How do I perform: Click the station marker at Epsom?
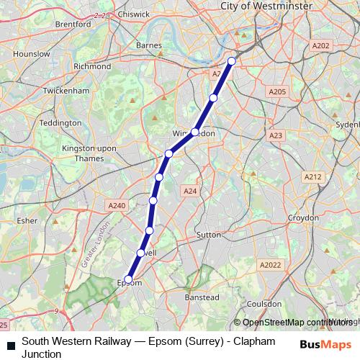[x=129, y=279]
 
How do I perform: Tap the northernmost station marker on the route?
[x=232, y=61]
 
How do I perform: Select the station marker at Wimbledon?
[x=194, y=132]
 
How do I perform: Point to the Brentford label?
[x=73, y=24]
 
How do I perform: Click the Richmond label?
[x=92, y=66]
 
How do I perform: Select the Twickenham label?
[x=66, y=91]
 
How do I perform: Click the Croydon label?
[x=303, y=217]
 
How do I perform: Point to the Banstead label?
[x=202, y=297]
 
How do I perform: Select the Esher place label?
[x=26, y=221]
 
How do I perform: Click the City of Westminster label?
[x=266, y=6]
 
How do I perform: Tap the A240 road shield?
[x=117, y=205]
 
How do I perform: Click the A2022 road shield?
[x=271, y=265]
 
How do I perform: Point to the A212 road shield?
[x=312, y=176]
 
